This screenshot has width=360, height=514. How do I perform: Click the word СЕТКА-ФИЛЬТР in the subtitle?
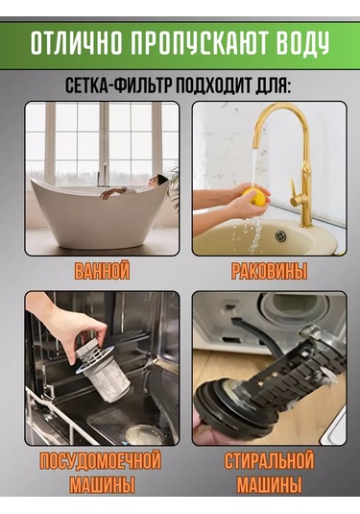click(113, 85)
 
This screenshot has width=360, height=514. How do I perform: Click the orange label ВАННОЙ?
click(101, 272)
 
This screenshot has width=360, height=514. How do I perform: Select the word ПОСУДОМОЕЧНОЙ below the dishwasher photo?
click(101, 462)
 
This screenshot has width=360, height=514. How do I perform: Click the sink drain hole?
click(280, 233)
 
